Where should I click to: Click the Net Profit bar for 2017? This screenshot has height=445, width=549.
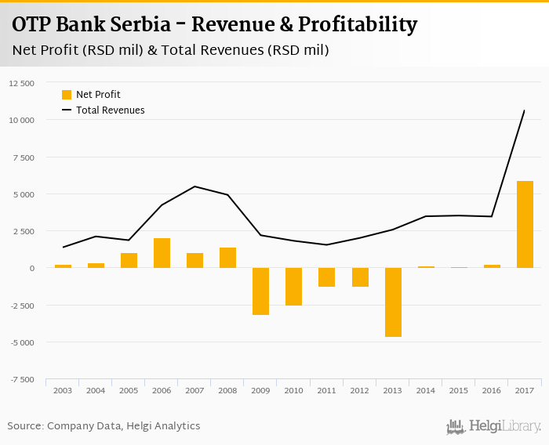coord(525,225)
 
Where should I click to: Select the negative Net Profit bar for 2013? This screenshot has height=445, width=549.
coord(393,302)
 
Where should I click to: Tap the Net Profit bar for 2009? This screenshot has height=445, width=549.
coord(261,291)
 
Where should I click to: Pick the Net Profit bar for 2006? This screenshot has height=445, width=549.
coord(162,253)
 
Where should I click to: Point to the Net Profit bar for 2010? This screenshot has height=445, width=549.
coord(294,287)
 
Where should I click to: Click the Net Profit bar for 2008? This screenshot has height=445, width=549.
coord(227,258)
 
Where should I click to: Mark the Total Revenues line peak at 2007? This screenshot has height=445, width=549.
coord(195,186)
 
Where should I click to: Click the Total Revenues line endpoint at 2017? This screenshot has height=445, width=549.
coord(524,110)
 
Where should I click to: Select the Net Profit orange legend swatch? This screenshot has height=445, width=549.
coord(67,95)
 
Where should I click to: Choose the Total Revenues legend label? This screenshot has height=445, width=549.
coord(111,110)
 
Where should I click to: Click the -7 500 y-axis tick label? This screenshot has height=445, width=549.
coord(21,379)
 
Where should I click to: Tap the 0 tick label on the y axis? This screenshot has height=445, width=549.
coord(31,268)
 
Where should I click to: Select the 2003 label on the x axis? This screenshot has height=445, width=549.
coord(63,390)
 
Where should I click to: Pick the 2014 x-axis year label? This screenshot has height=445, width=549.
coord(426,390)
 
